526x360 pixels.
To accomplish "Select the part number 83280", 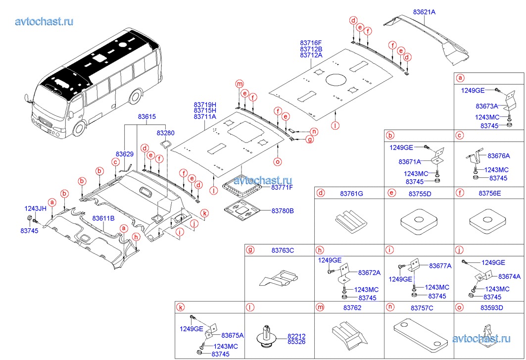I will [166, 133].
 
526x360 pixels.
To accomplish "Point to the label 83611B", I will [103, 218].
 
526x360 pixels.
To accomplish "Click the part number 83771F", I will [282, 188].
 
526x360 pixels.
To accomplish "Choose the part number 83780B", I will [283, 211].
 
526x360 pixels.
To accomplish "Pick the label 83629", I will [125, 154].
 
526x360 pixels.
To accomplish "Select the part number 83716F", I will [311, 43].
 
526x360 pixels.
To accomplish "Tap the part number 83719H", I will [205, 105].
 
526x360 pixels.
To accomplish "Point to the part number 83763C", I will [283, 251].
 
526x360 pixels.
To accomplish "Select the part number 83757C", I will [422, 308].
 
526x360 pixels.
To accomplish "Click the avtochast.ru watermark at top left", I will [45, 21].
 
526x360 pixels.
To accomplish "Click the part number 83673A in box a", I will [487, 106].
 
